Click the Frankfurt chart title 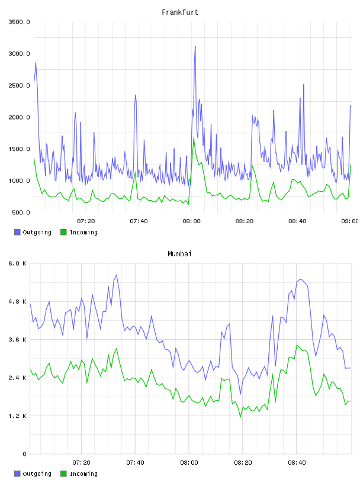tap(180, 12)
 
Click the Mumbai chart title tap(179, 253)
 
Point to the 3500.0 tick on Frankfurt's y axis tap(20, 22)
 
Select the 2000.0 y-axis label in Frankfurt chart tap(20, 117)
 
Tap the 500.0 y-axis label tap(21, 212)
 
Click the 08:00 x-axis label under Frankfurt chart tap(191, 221)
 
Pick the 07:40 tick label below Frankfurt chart tap(139, 221)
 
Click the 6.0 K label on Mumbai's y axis tap(18, 263)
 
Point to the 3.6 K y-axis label tap(18, 339)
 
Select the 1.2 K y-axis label tap(18, 416)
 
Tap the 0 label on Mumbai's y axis tap(25, 454)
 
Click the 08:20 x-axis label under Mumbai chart tap(243, 462)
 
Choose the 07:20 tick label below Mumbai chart tap(81, 462)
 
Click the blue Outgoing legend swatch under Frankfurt tap(17, 232)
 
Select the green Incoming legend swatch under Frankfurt tap(63, 232)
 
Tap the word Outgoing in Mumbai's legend tap(37, 474)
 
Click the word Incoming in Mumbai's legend tap(83, 474)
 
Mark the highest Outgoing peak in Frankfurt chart tap(195, 47)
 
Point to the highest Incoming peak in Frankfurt tap(194, 138)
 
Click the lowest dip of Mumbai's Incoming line tap(240, 417)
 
